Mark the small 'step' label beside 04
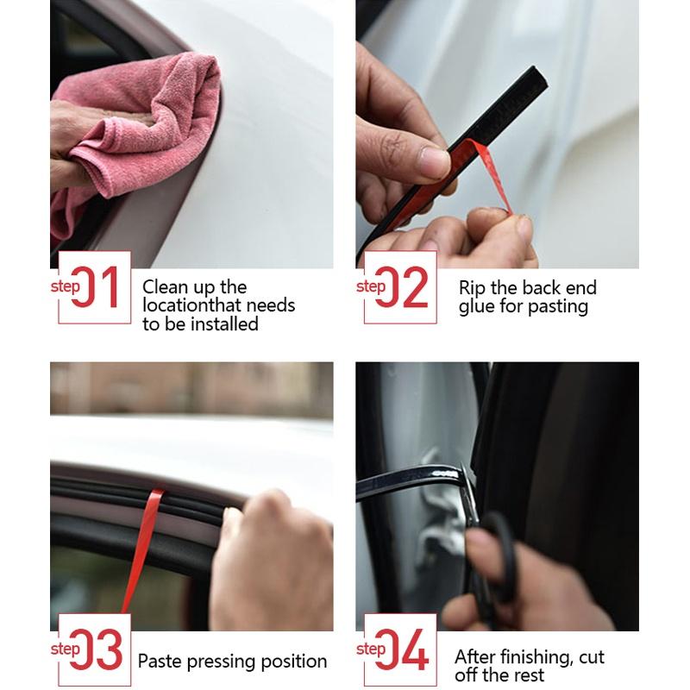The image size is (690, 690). [372, 649]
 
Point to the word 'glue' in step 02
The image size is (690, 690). [477, 306]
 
